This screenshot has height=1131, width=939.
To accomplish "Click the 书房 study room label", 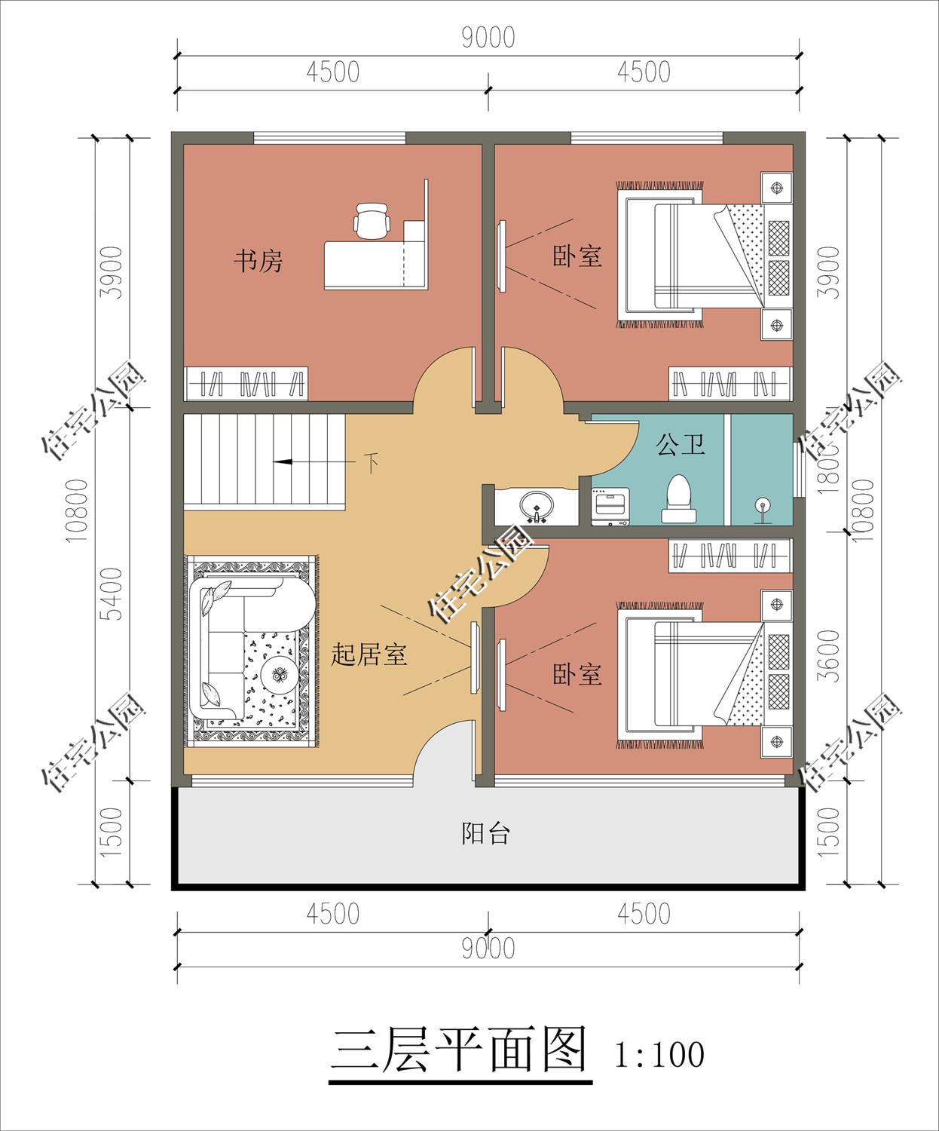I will click(x=258, y=262).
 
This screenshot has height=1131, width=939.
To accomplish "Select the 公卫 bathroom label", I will click(x=681, y=444).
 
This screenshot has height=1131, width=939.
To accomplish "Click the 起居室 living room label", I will click(x=369, y=654).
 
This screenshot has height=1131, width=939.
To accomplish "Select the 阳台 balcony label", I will click(x=486, y=833).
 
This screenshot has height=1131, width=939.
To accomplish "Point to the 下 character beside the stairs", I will click(x=371, y=462).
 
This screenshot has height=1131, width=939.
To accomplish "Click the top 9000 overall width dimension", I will click(x=488, y=38).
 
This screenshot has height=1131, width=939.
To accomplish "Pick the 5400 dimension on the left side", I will click(x=112, y=593).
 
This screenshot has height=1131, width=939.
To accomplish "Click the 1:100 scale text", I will click(x=659, y=1054).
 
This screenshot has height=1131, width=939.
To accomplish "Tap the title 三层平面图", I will click(x=460, y=1050).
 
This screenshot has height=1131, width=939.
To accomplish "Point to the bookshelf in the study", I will click(x=246, y=383).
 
